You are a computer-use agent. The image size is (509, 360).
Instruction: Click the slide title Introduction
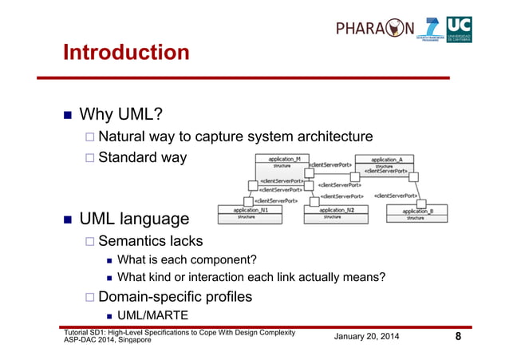pyautogui.click(x=126, y=53)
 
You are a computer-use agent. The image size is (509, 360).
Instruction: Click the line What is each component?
pyautogui.click(x=187, y=259)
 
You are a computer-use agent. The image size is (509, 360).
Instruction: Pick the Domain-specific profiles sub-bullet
pyautogui.click(x=175, y=297)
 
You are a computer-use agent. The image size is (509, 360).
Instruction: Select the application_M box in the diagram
pyautogui.click(x=282, y=164)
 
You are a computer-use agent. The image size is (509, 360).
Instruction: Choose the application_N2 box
pyautogui.click(x=342, y=213)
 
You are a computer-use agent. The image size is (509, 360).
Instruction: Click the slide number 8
pyautogui.click(x=458, y=337)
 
